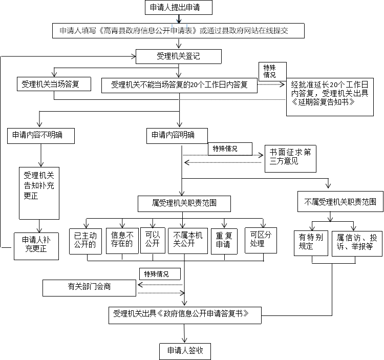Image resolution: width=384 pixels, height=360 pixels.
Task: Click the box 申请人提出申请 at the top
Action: [178, 8]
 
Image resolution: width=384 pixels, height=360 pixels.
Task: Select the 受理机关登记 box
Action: [178, 56]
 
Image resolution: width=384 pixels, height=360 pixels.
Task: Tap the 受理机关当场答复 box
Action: [54, 84]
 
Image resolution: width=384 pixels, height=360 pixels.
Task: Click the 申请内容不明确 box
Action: [41, 136]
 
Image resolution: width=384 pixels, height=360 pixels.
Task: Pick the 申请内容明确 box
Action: [177, 136]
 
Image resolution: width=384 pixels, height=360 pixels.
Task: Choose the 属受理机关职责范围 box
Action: [184, 203]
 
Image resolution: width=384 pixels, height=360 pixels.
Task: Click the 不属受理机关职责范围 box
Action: [340, 202]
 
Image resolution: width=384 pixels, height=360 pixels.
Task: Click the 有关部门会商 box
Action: [90, 287]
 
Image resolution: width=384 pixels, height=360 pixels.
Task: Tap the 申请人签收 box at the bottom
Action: [184, 351]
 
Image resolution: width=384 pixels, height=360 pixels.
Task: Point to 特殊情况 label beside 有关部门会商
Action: [156, 274]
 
